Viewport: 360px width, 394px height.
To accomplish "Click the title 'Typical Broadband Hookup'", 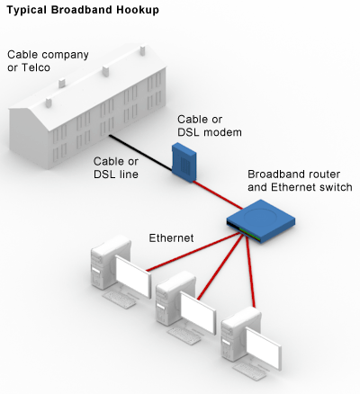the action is click(83, 10).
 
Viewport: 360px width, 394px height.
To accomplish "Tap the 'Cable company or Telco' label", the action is click(48, 61).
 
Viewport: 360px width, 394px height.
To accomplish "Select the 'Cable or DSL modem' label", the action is click(210, 126).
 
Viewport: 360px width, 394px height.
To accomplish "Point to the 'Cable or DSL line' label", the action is click(116, 167).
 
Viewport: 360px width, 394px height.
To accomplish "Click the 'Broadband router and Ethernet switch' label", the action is click(300, 181).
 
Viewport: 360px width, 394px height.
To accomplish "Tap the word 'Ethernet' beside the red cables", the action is click(171, 238).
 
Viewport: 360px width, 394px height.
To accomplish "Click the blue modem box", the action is click(184, 163).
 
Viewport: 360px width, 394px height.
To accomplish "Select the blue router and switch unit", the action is click(260, 220).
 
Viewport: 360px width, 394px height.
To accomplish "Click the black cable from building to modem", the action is click(140, 154).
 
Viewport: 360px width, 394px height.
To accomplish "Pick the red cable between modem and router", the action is click(218, 195).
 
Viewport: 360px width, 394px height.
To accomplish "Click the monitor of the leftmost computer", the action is click(133, 276).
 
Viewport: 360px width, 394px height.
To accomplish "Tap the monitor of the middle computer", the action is click(198, 312).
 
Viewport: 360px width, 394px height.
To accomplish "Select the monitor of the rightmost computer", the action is click(264, 348).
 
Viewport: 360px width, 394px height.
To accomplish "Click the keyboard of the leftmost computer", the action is click(119, 300).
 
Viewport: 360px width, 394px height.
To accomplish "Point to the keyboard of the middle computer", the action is click(184, 335).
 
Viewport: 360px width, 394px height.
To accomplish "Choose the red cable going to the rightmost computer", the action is click(251, 271).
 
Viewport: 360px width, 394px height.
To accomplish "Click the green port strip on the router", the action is click(249, 233).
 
